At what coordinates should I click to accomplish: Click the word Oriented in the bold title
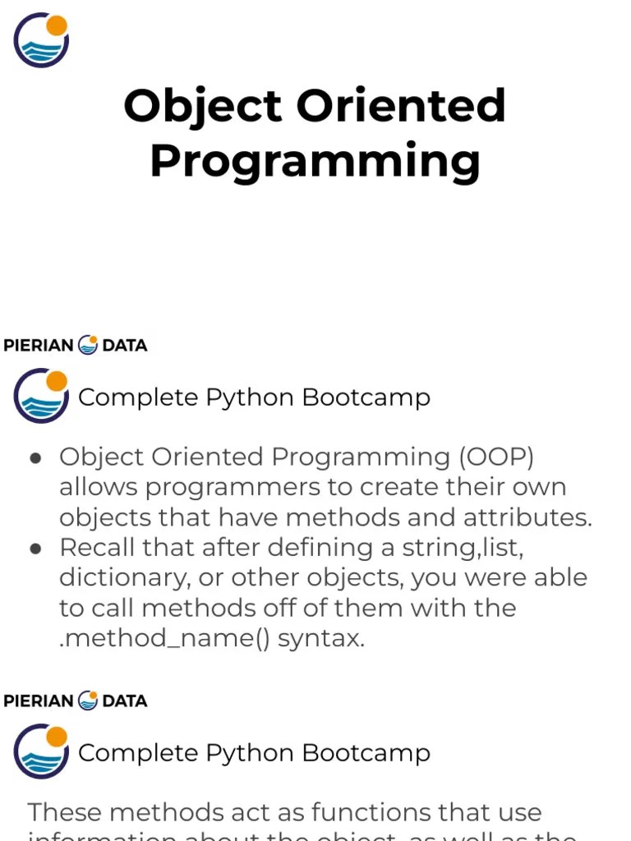400,107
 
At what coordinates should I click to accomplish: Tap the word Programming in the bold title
315,161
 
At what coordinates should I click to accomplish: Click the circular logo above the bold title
41,40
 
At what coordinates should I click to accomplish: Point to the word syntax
320,639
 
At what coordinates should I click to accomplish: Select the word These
65,812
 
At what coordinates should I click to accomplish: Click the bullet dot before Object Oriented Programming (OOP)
35,457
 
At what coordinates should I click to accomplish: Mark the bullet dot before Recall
35,548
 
